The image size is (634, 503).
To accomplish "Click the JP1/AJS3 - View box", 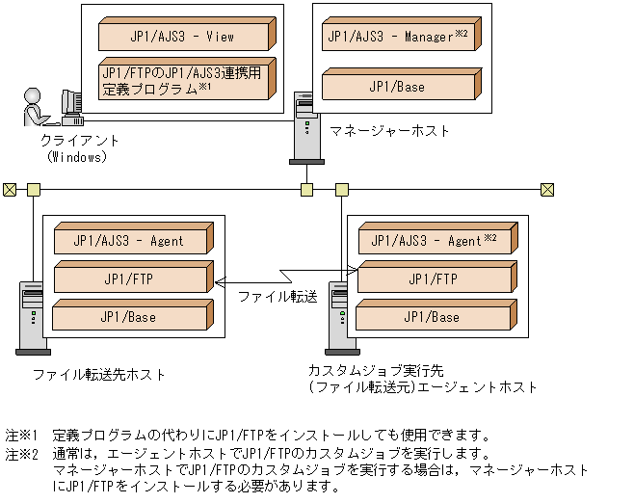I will pos(183,38).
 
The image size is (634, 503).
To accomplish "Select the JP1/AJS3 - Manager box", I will pos(398,38).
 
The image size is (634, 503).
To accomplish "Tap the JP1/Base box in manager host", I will pos(398,87).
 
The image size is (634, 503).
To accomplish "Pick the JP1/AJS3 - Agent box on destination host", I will pos(130,241).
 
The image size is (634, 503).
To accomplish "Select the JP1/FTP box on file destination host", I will pos(130,279).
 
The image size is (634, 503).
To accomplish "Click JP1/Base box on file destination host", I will pos(130,317).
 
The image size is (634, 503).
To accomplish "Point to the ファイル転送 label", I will pos(277,297).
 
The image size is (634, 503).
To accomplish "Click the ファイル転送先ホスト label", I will pos(99,374).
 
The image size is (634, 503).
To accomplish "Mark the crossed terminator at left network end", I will pos(10,189).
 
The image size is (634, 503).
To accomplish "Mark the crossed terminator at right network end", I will pos(546,189).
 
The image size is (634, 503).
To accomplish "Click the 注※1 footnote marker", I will pos(21,435).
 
